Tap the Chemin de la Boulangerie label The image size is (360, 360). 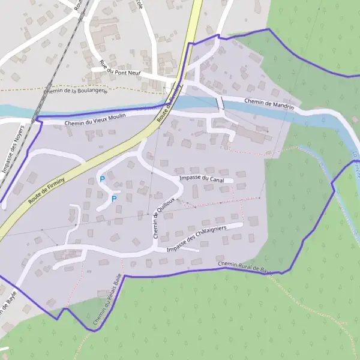[76, 92]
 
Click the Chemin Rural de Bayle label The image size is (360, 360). [244, 267]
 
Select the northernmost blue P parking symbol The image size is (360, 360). [102, 179]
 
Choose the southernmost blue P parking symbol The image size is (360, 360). [114, 199]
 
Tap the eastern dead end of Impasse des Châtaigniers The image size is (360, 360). [241, 226]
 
